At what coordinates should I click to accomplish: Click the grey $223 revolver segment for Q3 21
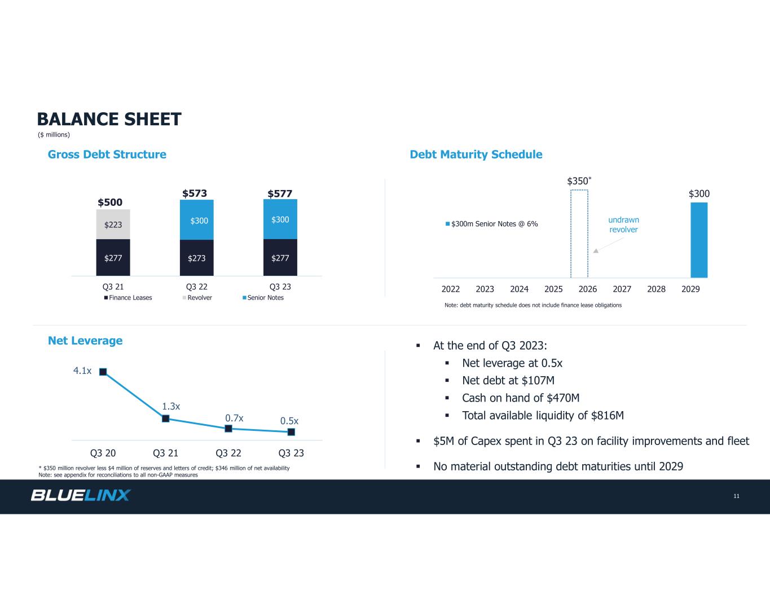pos(113,224)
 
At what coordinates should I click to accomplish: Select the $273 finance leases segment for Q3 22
pos(197,258)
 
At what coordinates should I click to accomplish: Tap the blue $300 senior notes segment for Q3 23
pos(280,219)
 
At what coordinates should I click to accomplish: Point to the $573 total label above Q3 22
pos(194,193)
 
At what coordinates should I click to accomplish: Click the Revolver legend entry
pos(199,298)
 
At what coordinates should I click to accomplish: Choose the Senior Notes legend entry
pos(265,298)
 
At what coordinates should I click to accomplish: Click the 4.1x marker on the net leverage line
pos(103,372)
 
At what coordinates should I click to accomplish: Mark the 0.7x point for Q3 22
pos(228,429)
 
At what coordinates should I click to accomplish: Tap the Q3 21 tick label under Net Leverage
pos(166,453)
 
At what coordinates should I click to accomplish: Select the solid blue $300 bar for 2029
pos(699,240)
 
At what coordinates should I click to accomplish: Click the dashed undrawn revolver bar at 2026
pos(579,233)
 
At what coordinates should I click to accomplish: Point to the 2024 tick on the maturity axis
pos(519,289)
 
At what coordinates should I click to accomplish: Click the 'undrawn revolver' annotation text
pos(623,224)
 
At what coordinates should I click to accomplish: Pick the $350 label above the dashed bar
pos(578,181)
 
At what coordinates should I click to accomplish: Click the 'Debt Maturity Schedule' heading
pos(476,155)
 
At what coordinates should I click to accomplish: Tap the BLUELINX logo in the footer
pos(80,495)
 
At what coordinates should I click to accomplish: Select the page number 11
pos(736,496)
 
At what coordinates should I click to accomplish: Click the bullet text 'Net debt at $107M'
pos(508,381)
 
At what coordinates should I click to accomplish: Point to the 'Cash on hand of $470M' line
pos(520,398)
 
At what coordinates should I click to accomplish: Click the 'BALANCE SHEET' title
pos(109,119)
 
